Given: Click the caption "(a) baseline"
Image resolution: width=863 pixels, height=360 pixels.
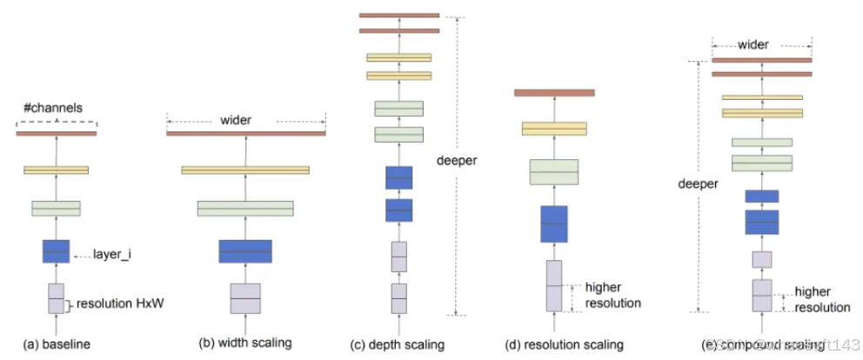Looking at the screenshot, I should tap(56, 344).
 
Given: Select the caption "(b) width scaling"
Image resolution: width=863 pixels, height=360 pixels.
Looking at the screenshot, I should tap(244, 344).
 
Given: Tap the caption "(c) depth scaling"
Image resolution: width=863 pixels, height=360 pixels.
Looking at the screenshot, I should tap(397, 344).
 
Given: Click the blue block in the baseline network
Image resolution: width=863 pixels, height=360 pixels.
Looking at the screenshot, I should tap(56, 251).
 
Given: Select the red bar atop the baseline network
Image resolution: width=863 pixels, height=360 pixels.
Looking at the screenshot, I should tap(56, 133).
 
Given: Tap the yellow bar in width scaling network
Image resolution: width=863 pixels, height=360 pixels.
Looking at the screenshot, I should tap(245, 170).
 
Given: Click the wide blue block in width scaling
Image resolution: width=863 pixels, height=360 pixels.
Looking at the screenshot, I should tap(245, 251).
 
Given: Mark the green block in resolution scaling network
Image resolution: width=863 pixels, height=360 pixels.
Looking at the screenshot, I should tap(554, 172).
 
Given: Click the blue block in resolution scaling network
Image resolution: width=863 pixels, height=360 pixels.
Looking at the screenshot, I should tap(554, 224).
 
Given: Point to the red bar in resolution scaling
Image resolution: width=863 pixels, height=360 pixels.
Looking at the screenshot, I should tap(554, 92).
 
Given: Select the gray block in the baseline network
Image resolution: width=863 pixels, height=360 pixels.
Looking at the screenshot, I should tap(56, 298).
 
